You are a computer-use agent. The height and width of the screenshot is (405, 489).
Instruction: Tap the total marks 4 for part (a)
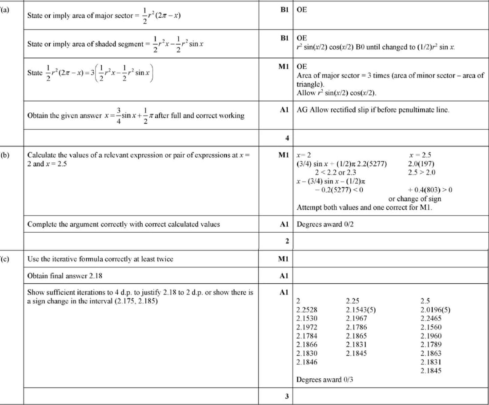point(287,138)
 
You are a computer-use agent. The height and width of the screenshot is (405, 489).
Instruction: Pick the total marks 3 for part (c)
point(287,397)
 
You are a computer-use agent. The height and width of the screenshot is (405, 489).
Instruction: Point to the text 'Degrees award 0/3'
point(325,380)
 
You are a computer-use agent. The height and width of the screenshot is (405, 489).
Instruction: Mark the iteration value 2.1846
point(307,362)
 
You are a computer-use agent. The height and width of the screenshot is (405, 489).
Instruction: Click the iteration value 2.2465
point(431,318)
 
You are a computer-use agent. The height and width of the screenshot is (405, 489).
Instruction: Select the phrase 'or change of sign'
point(415,199)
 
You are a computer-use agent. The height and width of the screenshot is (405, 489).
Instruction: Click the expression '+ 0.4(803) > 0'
point(429,190)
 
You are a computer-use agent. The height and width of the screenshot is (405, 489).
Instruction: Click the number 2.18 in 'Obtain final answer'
point(96,276)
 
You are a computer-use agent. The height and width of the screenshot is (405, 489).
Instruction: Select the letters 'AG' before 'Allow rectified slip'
point(302,110)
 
